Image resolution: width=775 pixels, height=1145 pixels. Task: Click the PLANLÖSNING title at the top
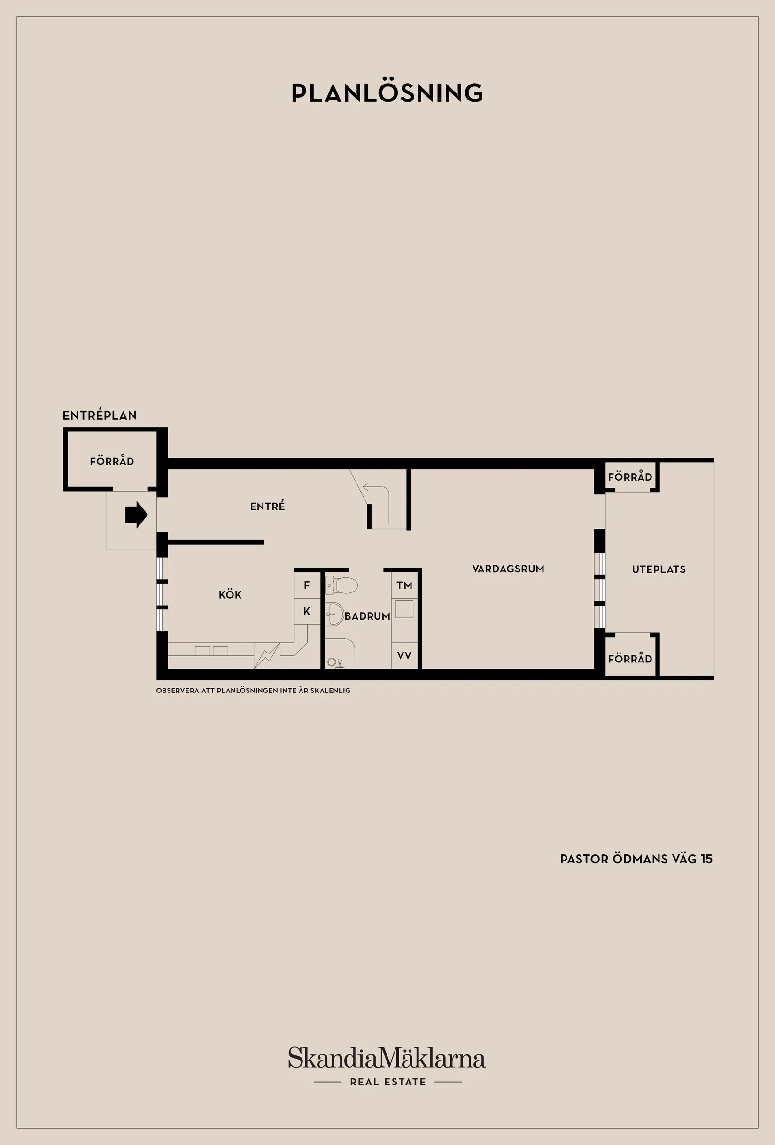[387, 92]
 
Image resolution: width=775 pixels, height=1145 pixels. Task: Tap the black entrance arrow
[137, 515]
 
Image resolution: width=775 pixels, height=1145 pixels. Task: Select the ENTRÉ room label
[268, 506]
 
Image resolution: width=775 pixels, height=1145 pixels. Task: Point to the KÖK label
[230, 594]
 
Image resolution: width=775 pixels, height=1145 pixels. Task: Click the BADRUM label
[367, 616]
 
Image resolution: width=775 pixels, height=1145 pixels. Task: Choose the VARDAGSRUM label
[508, 569]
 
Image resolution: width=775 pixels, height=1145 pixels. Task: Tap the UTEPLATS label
[659, 569]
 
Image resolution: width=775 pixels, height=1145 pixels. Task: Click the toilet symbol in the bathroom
[341, 585]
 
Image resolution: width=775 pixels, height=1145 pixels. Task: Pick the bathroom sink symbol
[335, 614]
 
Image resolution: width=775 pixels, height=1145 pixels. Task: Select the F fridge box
[307, 585]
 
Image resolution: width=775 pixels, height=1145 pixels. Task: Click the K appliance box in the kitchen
[307, 611]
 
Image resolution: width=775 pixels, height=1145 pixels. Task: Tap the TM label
[404, 585]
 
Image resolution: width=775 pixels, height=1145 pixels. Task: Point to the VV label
[404, 656]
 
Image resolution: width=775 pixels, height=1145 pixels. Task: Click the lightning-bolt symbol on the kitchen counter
[267, 656]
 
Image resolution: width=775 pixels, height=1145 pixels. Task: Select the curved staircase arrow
[378, 502]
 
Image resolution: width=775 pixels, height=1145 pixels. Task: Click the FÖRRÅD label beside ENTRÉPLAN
[112, 461]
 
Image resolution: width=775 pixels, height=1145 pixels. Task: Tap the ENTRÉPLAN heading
[100, 415]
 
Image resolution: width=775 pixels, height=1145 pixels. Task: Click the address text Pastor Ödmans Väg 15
[636, 859]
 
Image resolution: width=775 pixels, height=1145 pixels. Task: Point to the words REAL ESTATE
[388, 1082]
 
